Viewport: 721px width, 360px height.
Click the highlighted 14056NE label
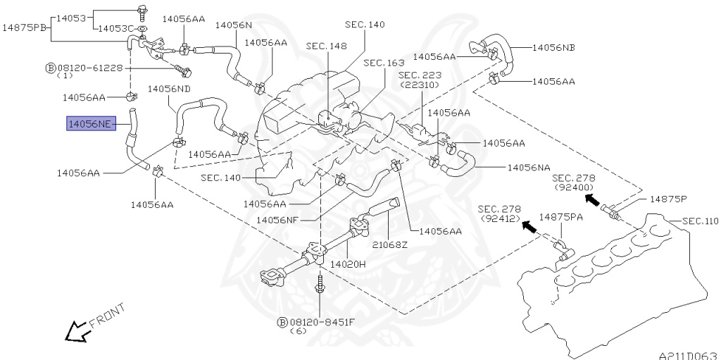click(x=92, y=123)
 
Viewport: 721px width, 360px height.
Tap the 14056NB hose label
click(x=553, y=47)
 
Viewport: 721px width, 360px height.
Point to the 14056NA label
click(x=529, y=168)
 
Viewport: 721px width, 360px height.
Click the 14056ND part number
click(x=169, y=88)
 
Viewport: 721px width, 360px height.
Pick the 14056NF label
click(x=277, y=220)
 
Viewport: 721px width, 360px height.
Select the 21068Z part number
click(x=390, y=245)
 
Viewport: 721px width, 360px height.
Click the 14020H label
click(x=348, y=264)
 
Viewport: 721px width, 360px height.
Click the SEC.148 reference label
click(x=327, y=46)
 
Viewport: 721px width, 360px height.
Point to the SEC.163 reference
click(x=383, y=63)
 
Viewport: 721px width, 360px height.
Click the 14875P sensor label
click(x=667, y=199)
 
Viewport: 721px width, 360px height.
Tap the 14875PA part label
click(x=560, y=217)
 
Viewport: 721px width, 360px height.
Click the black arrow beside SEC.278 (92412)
click(x=529, y=226)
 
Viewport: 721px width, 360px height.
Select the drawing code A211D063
click(x=689, y=356)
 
